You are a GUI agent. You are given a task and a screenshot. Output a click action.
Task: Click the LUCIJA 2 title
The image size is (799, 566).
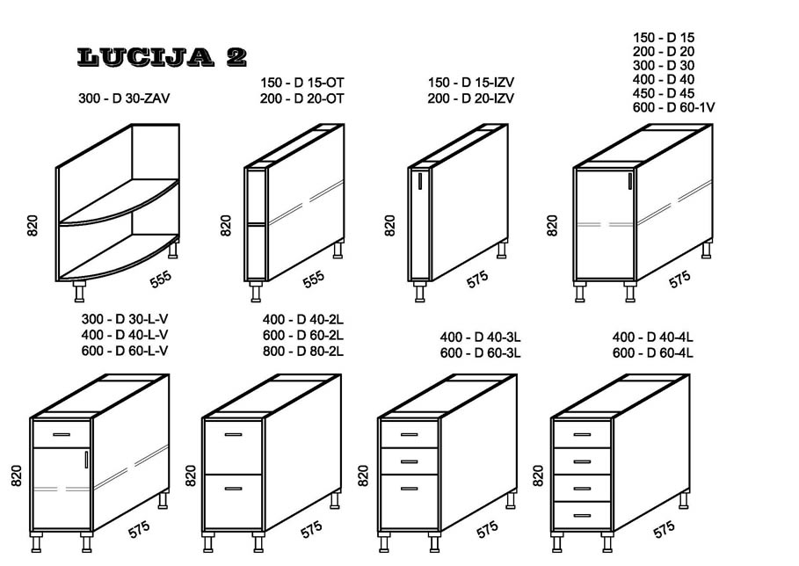pos(162,57)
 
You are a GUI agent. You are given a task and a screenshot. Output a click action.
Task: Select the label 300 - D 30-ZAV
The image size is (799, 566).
pos(124,98)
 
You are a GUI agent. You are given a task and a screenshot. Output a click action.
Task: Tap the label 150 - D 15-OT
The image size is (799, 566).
pos(302,83)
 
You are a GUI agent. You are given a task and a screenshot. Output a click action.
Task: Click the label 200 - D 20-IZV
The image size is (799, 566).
pos(471,98)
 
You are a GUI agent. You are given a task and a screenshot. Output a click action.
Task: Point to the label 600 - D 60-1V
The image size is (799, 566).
pos(673,107)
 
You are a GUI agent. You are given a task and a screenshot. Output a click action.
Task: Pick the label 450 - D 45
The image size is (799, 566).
pos(664,94)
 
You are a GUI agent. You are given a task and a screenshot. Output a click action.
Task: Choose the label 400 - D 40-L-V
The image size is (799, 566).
pos(125,335)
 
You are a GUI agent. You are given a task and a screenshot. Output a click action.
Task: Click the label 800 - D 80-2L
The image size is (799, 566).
pos(303,351)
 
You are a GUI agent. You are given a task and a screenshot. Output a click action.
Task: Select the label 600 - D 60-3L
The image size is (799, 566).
pos(481,352)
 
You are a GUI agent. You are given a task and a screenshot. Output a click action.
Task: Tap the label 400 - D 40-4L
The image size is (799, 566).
pos(653,337)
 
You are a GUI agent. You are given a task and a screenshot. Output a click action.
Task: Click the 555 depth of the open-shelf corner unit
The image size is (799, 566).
pos(161,279)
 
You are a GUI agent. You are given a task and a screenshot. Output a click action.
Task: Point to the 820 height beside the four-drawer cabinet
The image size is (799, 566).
pos(538,475)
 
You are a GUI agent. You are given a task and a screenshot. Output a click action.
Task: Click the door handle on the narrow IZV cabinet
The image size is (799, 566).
pos(420,181)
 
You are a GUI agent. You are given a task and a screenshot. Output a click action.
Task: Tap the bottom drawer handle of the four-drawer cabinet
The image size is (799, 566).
pos(583,516)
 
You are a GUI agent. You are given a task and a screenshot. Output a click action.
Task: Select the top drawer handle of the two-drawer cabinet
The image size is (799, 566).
pos(234,434)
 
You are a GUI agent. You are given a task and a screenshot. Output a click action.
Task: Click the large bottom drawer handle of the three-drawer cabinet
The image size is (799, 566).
pos(410,489)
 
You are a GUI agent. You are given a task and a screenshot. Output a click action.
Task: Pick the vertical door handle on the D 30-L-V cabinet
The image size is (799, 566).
pos(86,459)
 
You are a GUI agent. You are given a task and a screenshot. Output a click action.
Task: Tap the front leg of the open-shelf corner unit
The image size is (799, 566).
pos(79,291)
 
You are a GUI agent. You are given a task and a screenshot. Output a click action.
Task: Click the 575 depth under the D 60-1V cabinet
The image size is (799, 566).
pos(679,279)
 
